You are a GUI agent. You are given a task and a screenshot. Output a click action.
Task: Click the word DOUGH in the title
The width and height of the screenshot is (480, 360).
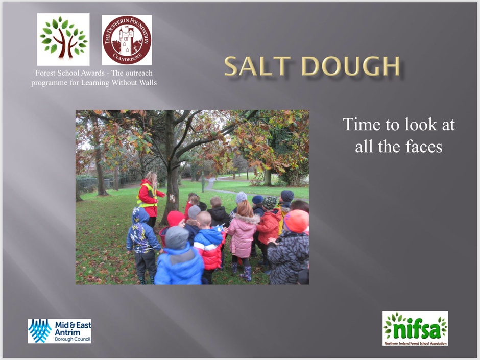tap(351, 66)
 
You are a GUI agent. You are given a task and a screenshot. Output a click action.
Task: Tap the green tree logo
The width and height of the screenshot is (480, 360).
tap(63, 39)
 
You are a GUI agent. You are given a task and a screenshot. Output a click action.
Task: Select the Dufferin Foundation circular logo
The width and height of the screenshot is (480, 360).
tap(127, 40)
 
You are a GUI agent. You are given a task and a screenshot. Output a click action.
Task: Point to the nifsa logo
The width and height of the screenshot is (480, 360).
tap(415, 328)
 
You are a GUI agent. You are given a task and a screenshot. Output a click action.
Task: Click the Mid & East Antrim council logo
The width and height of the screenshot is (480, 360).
tap(60, 331)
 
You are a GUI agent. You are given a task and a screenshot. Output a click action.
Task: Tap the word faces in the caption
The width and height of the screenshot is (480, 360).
tap(424, 147)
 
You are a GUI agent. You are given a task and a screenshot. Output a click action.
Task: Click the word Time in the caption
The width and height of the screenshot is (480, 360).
tap(361, 124)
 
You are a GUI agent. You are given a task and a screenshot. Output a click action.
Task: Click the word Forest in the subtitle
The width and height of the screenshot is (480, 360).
tap(45, 73)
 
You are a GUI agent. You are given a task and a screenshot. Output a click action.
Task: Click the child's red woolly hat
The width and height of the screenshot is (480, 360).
tap(176, 218)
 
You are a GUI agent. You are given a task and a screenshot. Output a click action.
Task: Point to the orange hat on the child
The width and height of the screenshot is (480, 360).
tap(296, 221)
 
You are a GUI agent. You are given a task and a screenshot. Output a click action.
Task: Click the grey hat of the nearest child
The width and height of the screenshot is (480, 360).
tap(177, 237)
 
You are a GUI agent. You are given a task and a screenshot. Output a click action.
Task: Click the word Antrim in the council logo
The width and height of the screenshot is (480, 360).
tap(68, 332)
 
